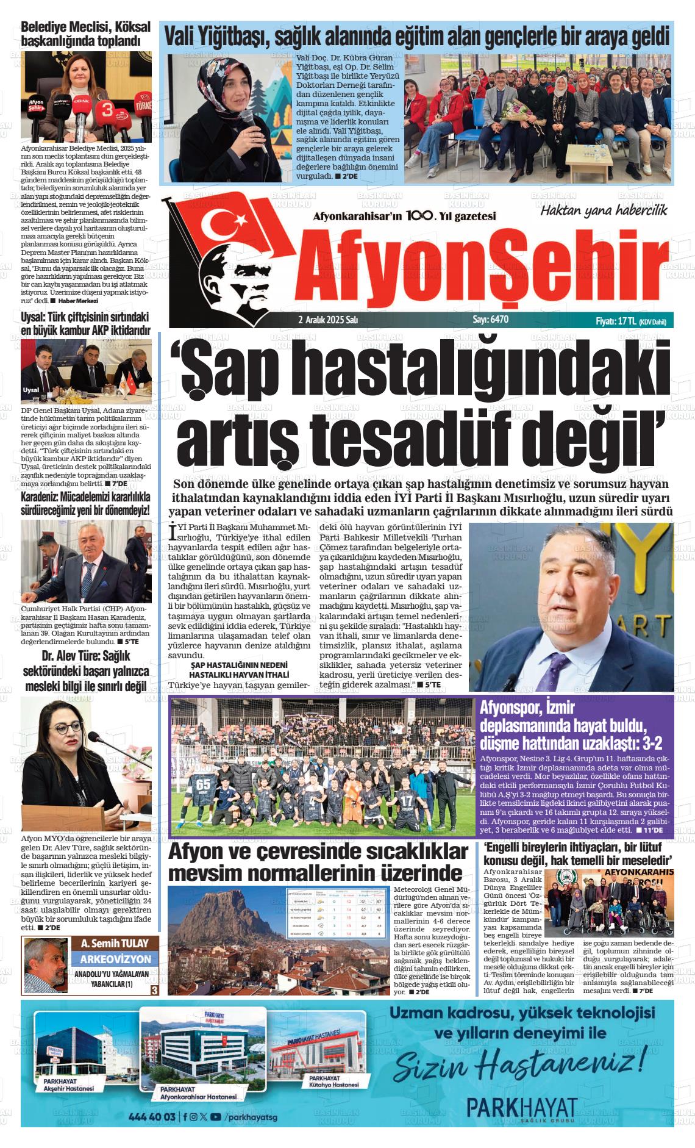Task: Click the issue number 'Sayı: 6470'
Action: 490,319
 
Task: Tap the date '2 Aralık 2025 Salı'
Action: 327,320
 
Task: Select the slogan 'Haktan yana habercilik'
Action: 604,210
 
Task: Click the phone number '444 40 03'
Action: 152,1117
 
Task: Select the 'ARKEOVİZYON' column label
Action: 115,959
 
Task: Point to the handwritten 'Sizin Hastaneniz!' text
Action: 518,1064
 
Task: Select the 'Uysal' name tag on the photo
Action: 30,390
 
